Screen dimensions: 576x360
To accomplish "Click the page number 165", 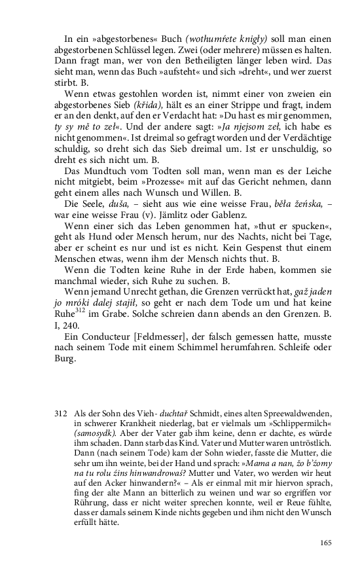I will pyautogui.click(x=327, y=542).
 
